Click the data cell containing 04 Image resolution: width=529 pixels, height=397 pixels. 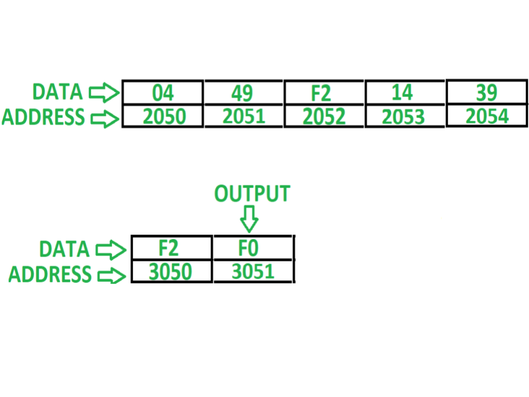pyautogui.click(x=163, y=93)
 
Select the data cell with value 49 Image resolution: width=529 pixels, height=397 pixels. pyautogui.click(x=244, y=93)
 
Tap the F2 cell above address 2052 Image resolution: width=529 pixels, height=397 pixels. pyautogui.click(x=324, y=93)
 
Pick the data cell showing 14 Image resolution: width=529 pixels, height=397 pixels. pyautogui.click(x=405, y=93)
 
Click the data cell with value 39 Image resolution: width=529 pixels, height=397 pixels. pyautogui.click(x=487, y=92)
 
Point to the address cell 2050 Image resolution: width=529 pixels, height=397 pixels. pyautogui.click(x=163, y=116)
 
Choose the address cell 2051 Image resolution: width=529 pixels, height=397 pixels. pyautogui.click(x=244, y=116)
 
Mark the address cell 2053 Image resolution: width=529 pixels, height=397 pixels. pyautogui.click(x=405, y=116)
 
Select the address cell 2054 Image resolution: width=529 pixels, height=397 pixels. pyautogui.click(x=487, y=115)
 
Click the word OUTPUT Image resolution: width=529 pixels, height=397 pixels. pyautogui.click(x=252, y=194)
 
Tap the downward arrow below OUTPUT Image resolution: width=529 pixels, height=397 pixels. pyautogui.click(x=249, y=219)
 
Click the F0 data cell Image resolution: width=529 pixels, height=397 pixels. pyautogui.click(x=253, y=248)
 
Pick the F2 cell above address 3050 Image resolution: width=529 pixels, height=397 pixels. pyautogui.click(x=172, y=248)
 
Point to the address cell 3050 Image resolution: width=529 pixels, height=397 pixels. pyautogui.click(x=172, y=271)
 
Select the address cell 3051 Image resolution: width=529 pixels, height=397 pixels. pyautogui.click(x=253, y=271)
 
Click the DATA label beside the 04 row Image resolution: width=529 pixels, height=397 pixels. pyautogui.click(x=57, y=92)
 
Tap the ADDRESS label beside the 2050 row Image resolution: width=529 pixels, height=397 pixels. pyautogui.click(x=43, y=117)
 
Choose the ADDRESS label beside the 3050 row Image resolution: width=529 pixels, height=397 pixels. pyautogui.click(x=50, y=274)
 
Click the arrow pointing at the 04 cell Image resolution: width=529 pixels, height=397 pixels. pyautogui.click(x=104, y=93)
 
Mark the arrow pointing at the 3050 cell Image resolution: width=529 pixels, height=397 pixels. pyautogui.click(x=112, y=276)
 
